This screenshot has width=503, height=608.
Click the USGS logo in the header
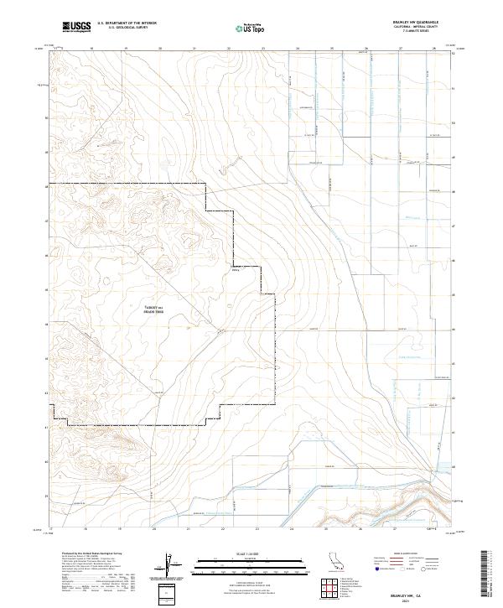tap(75, 28)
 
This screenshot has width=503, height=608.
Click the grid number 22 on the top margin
tap(228, 49)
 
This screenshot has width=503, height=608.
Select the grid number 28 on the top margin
tap(434, 49)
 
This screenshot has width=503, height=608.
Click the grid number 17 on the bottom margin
tap(52, 530)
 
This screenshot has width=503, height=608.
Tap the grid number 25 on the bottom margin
tap(331, 530)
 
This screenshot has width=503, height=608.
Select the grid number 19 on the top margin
tap(125, 49)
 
